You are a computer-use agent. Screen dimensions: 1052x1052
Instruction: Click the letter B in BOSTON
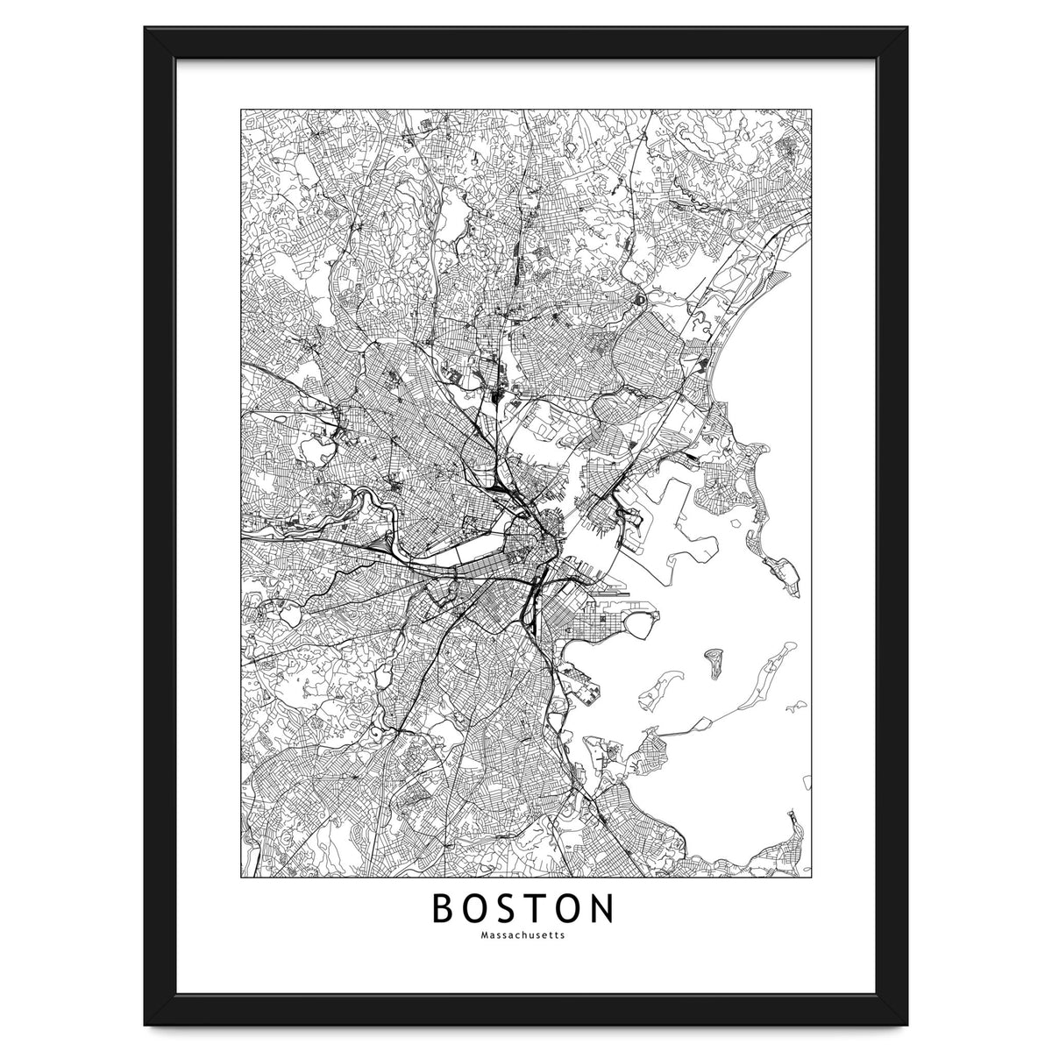point(442,909)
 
